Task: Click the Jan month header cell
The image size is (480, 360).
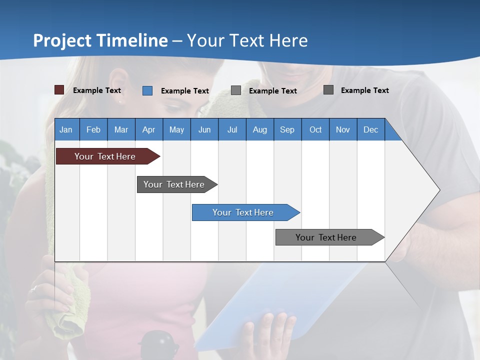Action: [x=66, y=129]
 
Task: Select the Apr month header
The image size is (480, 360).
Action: [x=149, y=129]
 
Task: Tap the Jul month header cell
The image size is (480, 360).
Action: [x=232, y=129]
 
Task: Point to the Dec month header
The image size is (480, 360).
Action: [x=370, y=129]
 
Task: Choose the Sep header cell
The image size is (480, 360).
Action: [x=287, y=129]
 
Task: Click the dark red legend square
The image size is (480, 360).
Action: [x=59, y=90]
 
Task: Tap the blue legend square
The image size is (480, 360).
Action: [x=147, y=90]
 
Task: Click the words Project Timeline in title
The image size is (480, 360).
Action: [x=100, y=40]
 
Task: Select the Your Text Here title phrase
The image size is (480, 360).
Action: [x=247, y=40]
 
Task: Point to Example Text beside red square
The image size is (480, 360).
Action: [x=97, y=90]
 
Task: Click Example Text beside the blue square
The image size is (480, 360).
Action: [x=185, y=91]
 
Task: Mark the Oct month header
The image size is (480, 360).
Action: [x=315, y=129]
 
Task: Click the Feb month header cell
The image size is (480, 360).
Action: [x=93, y=129]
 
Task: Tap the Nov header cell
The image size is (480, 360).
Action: [x=343, y=129]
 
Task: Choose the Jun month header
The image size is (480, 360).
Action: [x=204, y=129]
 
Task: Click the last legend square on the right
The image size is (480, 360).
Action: [x=328, y=90]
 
